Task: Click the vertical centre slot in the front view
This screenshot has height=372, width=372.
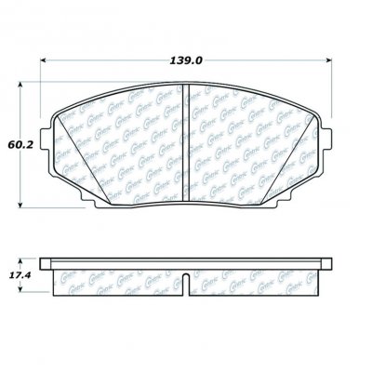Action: click(187, 139)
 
